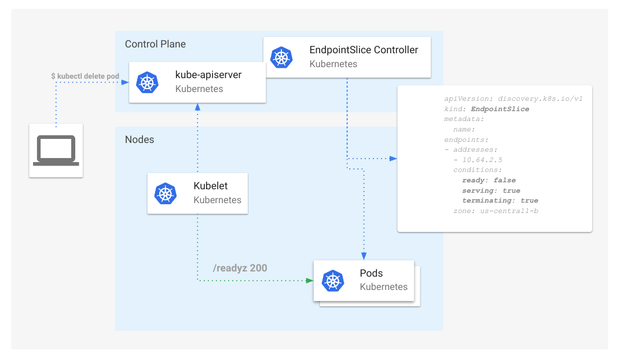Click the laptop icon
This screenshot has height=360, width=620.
(x=56, y=150)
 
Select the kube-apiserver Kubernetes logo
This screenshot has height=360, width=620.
(x=147, y=82)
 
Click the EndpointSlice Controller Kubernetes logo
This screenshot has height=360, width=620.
(x=281, y=57)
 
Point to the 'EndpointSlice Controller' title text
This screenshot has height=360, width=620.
(x=364, y=50)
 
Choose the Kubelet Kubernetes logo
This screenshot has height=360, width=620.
(x=165, y=193)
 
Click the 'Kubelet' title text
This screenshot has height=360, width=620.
(x=211, y=186)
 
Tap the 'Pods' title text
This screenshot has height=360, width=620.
(x=371, y=273)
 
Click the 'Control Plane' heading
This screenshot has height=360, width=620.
(x=155, y=44)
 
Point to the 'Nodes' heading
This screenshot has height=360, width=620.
(x=140, y=139)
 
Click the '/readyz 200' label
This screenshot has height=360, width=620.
(x=240, y=268)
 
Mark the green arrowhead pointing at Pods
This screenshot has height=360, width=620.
(x=309, y=281)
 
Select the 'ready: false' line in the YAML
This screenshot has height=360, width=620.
(x=489, y=180)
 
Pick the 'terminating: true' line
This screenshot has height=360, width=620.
(x=500, y=201)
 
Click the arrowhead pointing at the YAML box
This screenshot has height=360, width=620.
(x=394, y=158)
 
